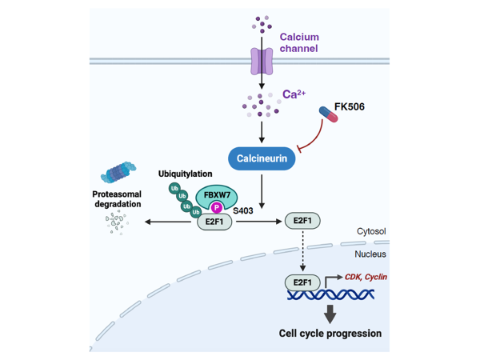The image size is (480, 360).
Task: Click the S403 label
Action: pyautogui.click(x=242, y=209)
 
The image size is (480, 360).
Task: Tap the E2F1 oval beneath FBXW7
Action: pyautogui.click(x=215, y=222)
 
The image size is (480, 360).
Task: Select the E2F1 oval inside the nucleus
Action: pyautogui.click(x=303, y=282)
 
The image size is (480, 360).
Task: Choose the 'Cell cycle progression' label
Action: pyautogui.click(x=330, y=333)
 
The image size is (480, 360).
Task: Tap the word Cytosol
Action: pyautogui.click(x=370, y=231)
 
